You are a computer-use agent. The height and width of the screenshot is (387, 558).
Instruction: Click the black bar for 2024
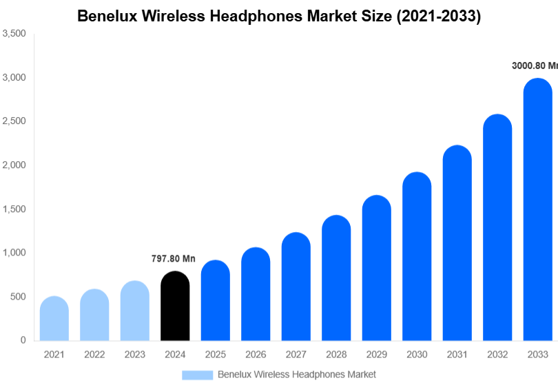175,306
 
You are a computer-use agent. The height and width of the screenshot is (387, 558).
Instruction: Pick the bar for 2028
336,278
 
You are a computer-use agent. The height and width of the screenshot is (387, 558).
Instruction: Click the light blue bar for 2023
135,311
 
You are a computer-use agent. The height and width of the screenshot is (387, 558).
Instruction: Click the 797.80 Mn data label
174,259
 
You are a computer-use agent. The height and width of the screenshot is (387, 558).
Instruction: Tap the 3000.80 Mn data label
535,66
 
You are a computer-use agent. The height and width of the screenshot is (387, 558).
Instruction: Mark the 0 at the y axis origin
23,340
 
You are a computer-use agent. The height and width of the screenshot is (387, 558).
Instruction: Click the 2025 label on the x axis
215,355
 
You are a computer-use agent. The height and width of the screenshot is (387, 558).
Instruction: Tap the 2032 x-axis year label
497,355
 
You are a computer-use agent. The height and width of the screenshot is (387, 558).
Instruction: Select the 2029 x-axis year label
376,355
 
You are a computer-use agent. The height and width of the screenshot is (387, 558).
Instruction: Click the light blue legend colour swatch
198,375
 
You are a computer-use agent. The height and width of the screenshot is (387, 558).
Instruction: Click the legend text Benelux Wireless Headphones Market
297,375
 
